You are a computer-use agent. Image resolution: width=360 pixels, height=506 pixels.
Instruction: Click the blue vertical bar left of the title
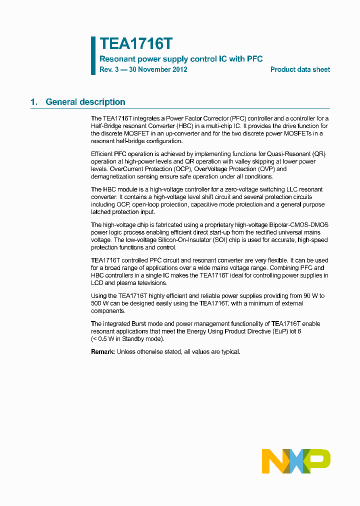click(x=93, y=55)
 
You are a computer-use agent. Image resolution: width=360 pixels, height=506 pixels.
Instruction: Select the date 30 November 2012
click(x=158, y=69)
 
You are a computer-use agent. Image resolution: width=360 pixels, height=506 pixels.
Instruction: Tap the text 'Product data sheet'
click(x=300, y=69)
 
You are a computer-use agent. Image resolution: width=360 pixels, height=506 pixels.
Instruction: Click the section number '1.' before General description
click(x=34, y=102)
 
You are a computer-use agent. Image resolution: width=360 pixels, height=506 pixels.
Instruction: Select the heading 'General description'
click(x=85, y=102)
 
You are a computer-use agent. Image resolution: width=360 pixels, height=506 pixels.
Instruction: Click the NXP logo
click(x=296, y=461)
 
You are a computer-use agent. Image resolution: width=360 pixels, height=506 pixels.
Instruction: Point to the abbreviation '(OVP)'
click(x=262, y=169)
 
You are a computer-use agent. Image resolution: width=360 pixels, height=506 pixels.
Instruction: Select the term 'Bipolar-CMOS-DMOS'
click(x=295, y=225)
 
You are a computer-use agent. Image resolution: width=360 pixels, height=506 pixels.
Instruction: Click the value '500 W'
click(x=99, y=303)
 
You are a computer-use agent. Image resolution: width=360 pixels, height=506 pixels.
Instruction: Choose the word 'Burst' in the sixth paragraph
click(x=141, y=324)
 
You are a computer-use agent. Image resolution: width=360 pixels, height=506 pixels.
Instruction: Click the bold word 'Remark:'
click(x=103, y=352)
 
